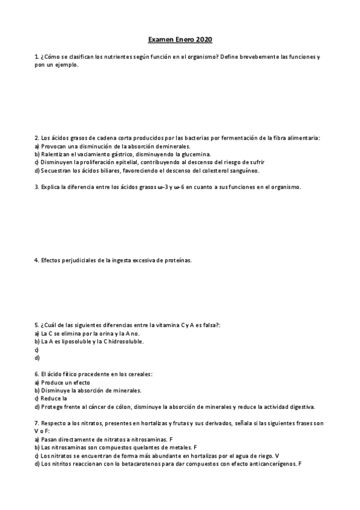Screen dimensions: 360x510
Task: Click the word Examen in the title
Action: (x=161, y=40)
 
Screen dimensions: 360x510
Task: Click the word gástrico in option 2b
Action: (x=120, y=154)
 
